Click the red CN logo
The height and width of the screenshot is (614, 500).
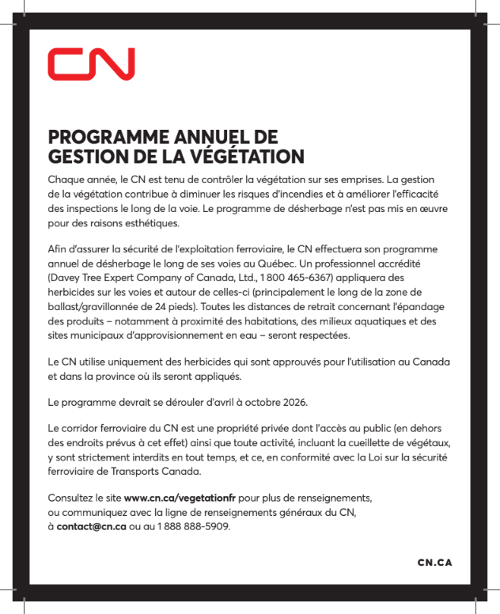(91, 64)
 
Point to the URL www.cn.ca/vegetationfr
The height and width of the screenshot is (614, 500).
(180, 498)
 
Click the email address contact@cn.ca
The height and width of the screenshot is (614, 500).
(92, 526)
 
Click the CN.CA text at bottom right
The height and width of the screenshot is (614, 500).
(434, 563)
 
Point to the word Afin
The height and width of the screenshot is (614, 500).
(59, 249)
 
